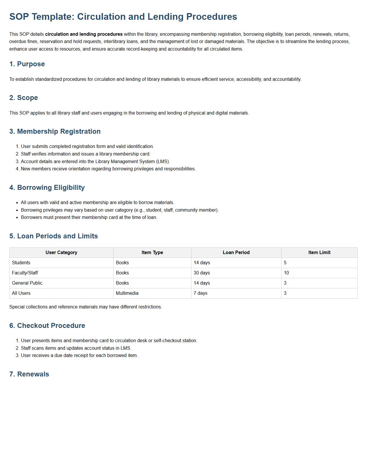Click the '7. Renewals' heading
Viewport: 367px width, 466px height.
[x=29, y=374]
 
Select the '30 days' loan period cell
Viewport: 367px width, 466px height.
[x=202, y=273]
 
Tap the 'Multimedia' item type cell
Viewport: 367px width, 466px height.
[x=127, y=293]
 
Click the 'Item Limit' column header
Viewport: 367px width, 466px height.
[x=319, y=252]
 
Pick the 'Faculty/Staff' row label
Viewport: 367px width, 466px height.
[x=25, y=273]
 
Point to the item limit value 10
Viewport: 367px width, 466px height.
[x=286, y=273]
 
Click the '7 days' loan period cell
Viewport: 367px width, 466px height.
[x=200, y=293]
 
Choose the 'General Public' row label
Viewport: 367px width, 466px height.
[x=27, y=283]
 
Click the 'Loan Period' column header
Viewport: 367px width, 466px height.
[x=236, y=252]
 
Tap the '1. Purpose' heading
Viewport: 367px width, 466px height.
[x=27, y=64]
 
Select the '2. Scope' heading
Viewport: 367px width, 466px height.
[x=24, y=98]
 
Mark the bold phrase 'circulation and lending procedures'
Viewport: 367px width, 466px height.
[x=84, y=34]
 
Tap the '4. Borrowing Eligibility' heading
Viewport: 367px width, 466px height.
[x=47, y=188]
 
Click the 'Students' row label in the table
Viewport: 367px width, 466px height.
[x=21, y=263]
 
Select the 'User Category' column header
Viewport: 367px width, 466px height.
[x=61, y=252]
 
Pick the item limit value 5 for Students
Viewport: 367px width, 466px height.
[x=285, y=263]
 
